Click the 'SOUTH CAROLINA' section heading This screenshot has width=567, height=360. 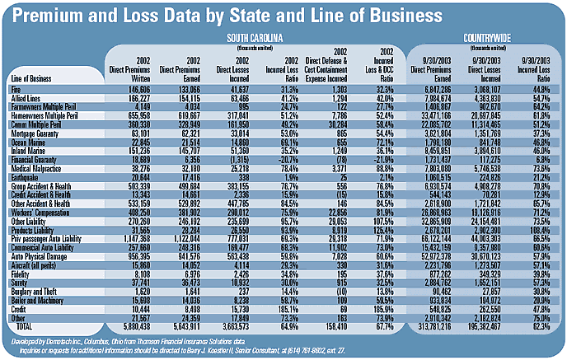point(251,38)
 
